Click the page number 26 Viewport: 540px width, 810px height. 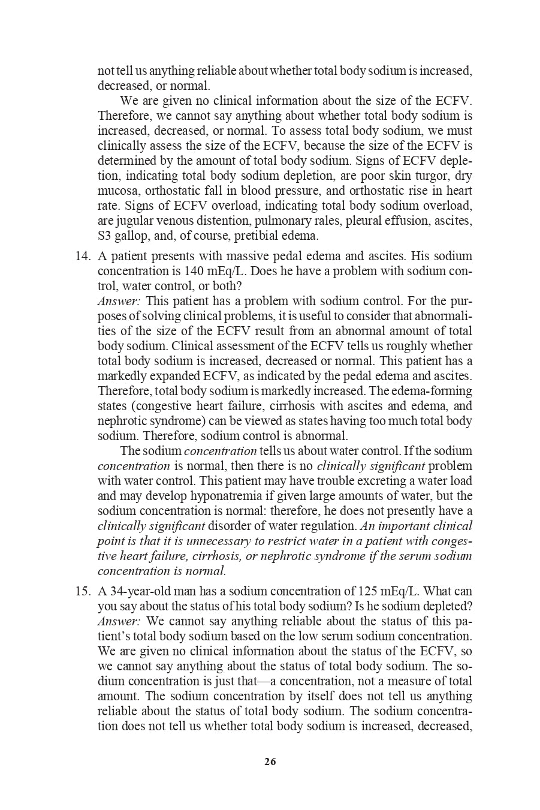click(270, 762)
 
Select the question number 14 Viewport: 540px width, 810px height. click(82, 256)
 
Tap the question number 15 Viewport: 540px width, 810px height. click(82, 591)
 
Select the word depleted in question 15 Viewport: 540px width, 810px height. click(451, 606)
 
